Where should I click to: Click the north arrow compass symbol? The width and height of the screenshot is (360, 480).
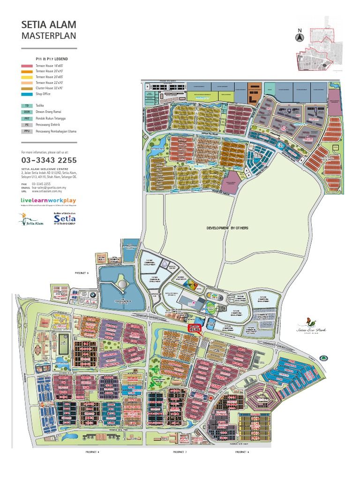click(300, 37)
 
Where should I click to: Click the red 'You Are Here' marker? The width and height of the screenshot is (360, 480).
click(194, 328)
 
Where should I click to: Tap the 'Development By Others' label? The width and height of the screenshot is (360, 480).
click(227, 228)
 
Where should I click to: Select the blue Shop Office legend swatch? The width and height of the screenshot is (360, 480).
click(28, 94)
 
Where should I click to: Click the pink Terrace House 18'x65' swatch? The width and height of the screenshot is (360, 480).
click(28, 66)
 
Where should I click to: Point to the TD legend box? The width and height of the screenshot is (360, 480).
click(28, 106)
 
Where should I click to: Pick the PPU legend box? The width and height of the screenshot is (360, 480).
click(28, 132)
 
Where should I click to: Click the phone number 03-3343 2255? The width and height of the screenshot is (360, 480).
click(49, 160)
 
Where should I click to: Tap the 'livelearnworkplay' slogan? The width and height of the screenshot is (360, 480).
click(48, 201)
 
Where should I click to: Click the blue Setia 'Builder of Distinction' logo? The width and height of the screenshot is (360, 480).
click(64, 219)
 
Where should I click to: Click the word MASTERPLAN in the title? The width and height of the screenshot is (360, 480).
click(49, 35)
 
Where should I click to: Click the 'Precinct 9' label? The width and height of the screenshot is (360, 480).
click(82, 272)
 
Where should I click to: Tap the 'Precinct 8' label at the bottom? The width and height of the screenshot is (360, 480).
click(92, 452)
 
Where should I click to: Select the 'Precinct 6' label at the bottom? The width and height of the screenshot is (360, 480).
click(242, 452)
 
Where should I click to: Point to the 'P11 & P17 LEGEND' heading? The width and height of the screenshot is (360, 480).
click(52, 58)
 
